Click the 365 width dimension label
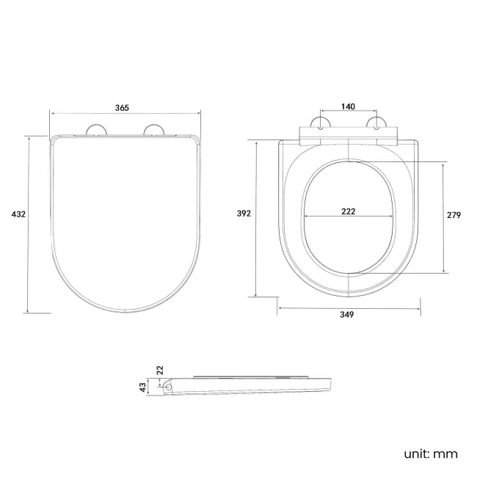point(122,107)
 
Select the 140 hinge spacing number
point(348,106)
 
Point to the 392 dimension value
point(244,214)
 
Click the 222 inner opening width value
point(349,211)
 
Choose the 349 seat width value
point(347,315)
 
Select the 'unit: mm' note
point(431,454)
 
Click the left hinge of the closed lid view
point(95,131)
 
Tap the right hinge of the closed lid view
point(154,131)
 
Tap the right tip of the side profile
point(332,383)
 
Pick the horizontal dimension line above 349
point(349,306)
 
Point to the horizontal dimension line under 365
point(125,113)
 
